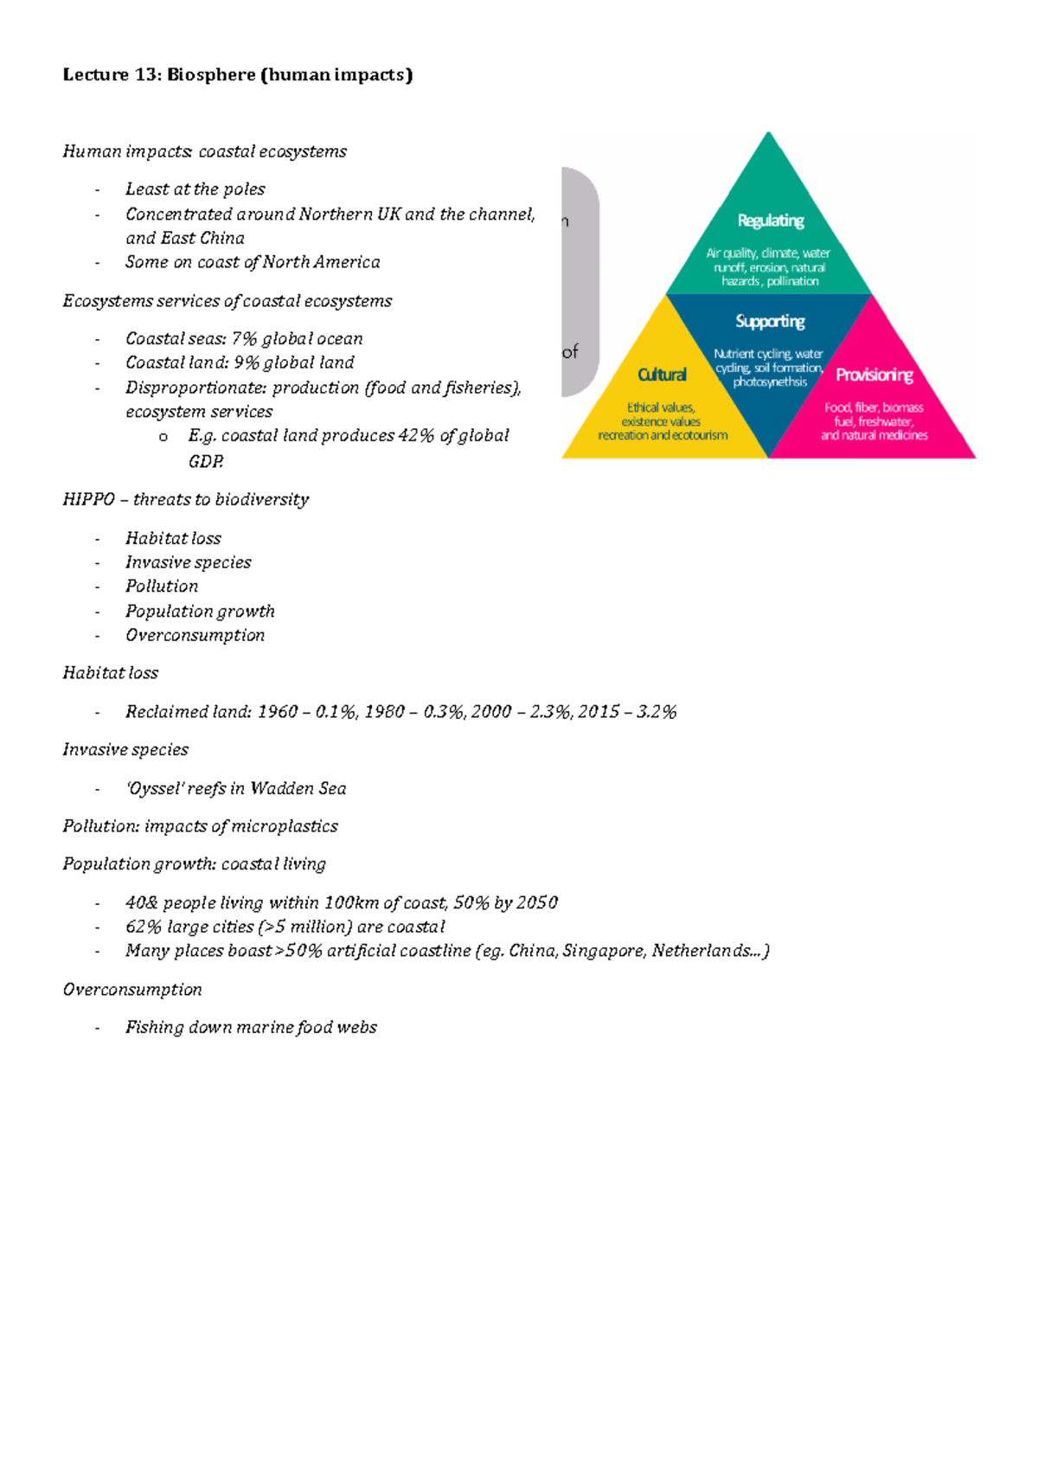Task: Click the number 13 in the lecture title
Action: pos(144,75)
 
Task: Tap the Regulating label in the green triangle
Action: pos(771,221)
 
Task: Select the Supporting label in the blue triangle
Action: pos(770,321)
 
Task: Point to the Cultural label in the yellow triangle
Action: pos(662,375)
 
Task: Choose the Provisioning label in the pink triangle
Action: pos(874,375)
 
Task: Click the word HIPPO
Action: pos(88,500)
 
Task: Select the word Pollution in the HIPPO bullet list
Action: pos(162,587)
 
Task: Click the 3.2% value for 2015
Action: pos(657,712)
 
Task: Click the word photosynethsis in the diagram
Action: pos(770,382)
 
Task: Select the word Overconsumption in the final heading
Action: pos(132,990)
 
